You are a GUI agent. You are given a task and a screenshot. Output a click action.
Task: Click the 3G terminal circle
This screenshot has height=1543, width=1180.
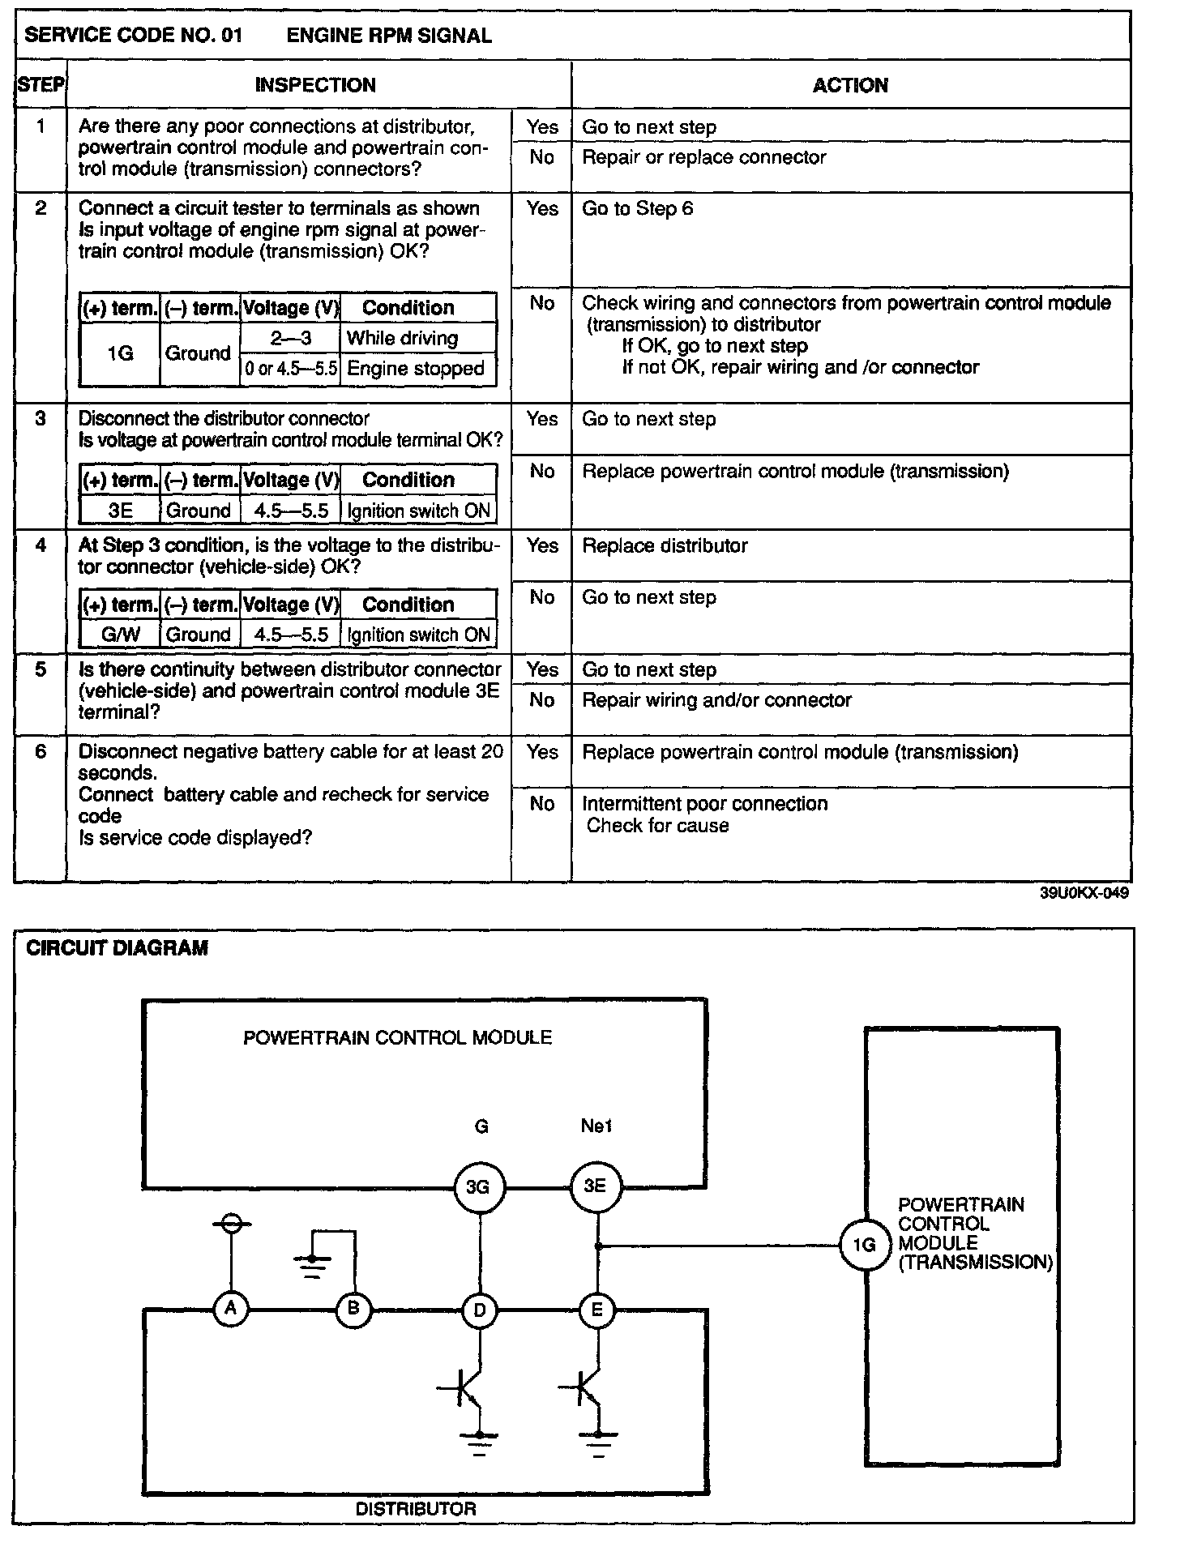coord(478,1188)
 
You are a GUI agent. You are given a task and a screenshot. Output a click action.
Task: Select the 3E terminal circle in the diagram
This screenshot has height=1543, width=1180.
coord(596,1187)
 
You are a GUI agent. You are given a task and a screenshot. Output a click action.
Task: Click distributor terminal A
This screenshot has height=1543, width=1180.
coord(231,1308)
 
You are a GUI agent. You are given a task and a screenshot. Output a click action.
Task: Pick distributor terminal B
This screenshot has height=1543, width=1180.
coord(353,1309)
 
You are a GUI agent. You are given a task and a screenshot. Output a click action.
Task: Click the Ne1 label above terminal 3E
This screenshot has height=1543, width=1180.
coord(596,1126)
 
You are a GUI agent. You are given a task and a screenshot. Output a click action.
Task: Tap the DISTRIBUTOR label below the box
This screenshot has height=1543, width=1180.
coord(416,1509)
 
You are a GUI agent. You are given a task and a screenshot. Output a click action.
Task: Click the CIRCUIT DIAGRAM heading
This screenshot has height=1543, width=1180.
coord(117,948)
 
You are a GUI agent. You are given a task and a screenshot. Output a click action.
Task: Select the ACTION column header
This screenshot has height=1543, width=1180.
coord(850,85)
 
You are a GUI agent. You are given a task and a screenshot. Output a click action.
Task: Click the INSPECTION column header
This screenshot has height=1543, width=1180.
coord(315,85)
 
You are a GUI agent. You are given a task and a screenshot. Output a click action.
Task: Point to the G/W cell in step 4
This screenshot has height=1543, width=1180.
coord(119,635)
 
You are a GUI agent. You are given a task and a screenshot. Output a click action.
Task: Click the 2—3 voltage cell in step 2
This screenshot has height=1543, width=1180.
coord(290,338)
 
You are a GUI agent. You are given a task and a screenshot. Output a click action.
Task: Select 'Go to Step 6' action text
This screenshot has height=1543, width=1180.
coord(638,209)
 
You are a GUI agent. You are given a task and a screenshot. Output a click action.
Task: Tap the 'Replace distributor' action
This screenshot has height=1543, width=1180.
coord(665,546)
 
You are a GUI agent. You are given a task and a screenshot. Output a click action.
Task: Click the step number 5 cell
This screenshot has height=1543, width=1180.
coord(41,670)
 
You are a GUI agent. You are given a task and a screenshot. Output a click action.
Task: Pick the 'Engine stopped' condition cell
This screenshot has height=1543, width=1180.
coord(416,370)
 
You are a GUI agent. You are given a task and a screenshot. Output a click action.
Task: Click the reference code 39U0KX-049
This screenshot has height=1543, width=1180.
coord(1084,893)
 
